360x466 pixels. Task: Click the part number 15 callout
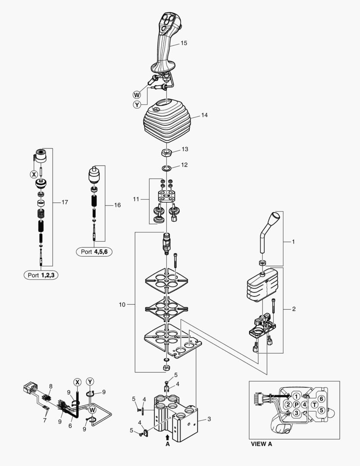[184, 43]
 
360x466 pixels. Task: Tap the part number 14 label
[204, 115]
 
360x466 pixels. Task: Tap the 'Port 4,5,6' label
[94, 252]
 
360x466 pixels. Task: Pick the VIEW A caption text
[262, 443]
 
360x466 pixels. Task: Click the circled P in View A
[296, 404]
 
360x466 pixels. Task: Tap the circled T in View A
[315, 404]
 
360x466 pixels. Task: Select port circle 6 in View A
[322, 398]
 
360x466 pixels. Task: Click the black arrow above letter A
[168, 437]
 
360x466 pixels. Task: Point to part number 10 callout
[122, 305]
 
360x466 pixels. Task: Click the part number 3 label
[209, 419]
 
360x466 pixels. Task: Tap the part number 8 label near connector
[50, 386]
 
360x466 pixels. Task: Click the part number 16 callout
[117, 205]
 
